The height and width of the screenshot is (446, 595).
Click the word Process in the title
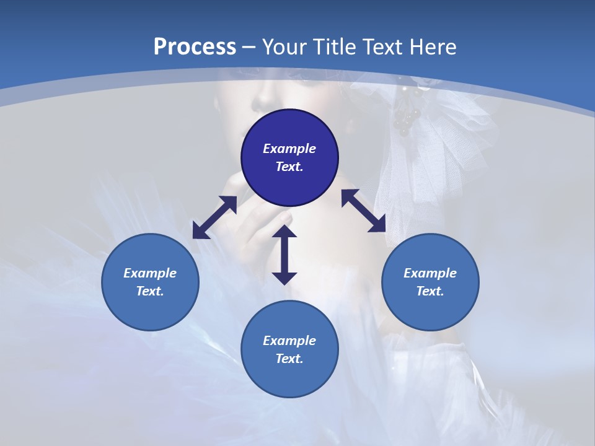click(x=195, y=46)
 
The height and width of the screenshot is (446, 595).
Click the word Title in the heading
click(x=330, y=46)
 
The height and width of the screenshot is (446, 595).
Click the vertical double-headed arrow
click(x=284, y=255)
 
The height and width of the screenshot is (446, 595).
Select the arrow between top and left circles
click(x=214, y=217)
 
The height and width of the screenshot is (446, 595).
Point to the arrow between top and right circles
click(x=364, y=211)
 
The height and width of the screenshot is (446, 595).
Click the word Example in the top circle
click(x=289, y=149)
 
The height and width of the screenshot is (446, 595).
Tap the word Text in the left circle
click(x=150, y=291)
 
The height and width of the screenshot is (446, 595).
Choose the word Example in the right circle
click(x=430, y=273)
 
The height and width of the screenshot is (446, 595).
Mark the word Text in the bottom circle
click(x=289, y=359)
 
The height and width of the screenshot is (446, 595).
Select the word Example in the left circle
click(x=150, y=273)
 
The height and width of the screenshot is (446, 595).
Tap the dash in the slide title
click(x=249, y=47)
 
